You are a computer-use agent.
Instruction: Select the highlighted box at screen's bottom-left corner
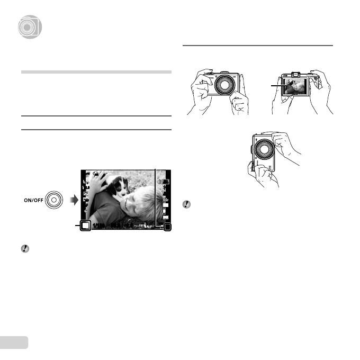[85, 227]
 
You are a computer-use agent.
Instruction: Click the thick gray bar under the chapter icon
[96, 71]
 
